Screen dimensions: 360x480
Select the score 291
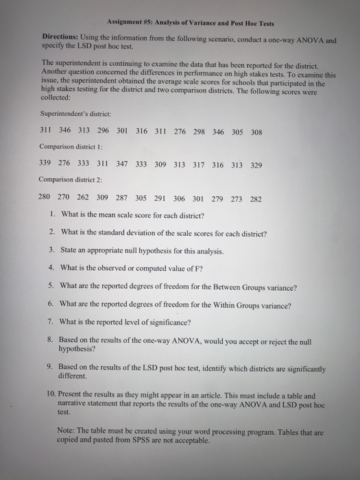pos(160,200)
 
